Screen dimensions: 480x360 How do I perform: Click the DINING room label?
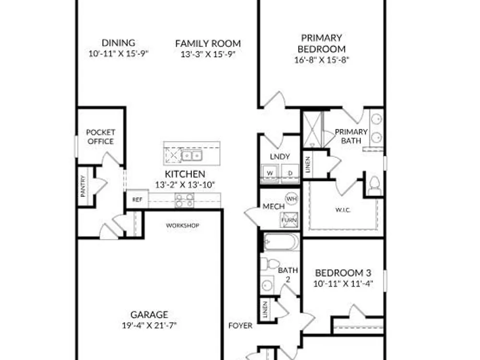tap(118, 43)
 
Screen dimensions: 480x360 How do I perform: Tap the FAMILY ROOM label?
tap(208, 44)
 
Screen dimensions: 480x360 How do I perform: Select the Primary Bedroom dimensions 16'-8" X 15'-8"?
tap(322, 60)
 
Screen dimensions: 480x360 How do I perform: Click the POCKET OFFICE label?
tap(100, 137)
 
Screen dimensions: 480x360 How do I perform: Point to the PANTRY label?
tap(83, 186)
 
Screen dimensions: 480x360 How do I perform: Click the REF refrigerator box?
tap(137, 200)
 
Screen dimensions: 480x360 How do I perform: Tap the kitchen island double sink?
tap(192, 156)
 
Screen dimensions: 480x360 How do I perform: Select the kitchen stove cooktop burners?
tap(184, 200)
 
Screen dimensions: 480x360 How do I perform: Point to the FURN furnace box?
tap(289, 220)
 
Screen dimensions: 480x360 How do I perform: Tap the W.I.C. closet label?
tap(343, 210)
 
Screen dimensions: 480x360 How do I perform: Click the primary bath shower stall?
tap(312, 130)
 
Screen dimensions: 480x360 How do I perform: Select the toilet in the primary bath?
tap(374, 185)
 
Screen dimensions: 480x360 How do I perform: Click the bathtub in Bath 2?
tap(281, 241)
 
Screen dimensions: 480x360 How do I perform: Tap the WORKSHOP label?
tap(182, 226)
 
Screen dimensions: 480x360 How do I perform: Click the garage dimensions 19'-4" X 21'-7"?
tap(149, 325)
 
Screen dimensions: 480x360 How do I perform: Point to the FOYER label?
tap(240, 326)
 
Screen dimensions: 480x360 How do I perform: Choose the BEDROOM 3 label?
tap(343, 273)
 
